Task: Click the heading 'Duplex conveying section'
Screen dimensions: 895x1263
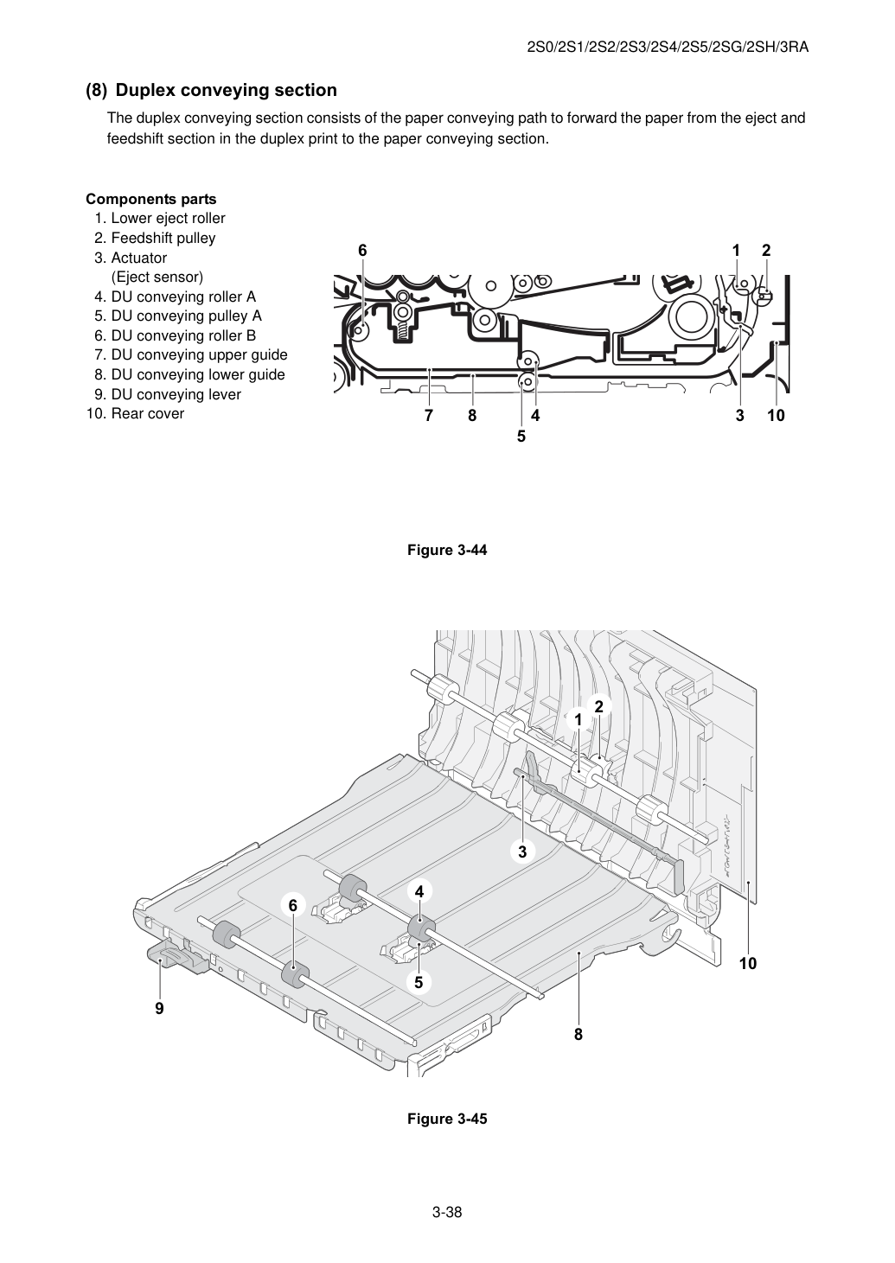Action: point(227,90)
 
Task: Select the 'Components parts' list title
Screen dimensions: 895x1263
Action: point(151,199)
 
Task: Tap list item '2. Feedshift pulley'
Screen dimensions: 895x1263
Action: point(155,238)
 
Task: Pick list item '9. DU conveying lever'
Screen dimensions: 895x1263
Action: point(168,394)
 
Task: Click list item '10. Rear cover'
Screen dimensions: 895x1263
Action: point(136,413)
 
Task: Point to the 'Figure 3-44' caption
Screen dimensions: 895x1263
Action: point(447,550)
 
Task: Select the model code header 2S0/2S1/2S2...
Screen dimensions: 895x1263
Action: point(668,48)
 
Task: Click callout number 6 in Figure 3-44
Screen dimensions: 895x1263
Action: point(362,251)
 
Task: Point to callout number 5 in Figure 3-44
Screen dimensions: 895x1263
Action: point(521,437)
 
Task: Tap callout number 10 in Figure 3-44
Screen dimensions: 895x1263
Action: point(776,416)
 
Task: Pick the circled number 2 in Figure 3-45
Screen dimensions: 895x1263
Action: point(599,706)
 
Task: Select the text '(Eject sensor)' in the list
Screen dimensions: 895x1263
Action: point(157,277)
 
